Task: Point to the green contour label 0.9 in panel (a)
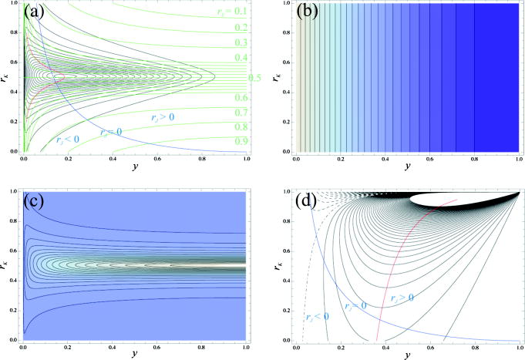tap(243, 141)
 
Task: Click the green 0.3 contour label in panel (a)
tap(243, 43)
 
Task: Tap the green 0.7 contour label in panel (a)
tap(243, 113)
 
